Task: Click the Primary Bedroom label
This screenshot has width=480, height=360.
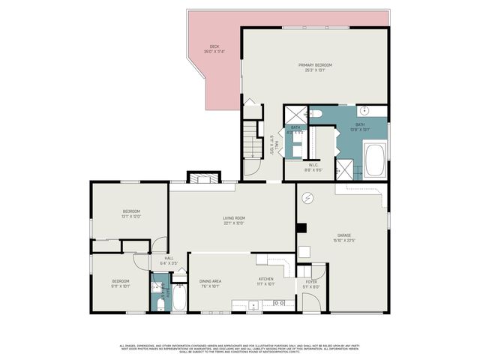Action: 314,67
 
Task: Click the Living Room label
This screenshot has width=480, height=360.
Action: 234,220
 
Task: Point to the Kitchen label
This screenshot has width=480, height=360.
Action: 266,283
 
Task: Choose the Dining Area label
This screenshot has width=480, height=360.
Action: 210,283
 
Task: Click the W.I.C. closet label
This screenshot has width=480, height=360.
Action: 313,167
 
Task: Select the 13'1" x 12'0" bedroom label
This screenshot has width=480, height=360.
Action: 131,214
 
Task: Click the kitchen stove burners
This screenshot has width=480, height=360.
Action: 279,303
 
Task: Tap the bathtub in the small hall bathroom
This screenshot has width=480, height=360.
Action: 179,298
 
